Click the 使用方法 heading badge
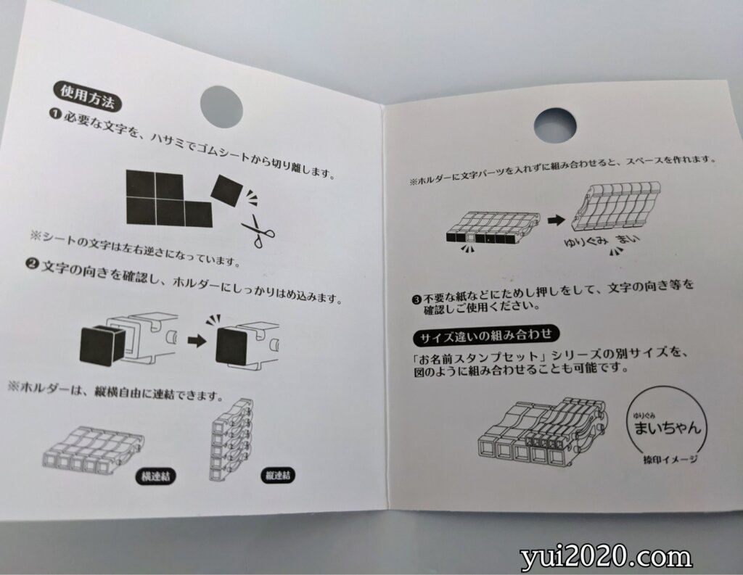point(87,98)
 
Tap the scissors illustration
point(258,231)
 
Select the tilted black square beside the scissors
point(227,191)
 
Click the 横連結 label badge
point(156,476)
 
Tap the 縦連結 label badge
point(278,475)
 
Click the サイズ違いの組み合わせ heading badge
point(486,336)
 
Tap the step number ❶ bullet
point(55,114)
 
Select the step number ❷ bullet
point(32,264)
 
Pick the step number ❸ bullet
point(416,299)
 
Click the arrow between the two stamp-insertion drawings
point(197,341)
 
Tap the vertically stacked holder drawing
point(232,439)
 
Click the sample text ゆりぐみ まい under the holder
point(602,241)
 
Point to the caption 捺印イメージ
point(670,459)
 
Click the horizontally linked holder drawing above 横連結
point(94,450)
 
